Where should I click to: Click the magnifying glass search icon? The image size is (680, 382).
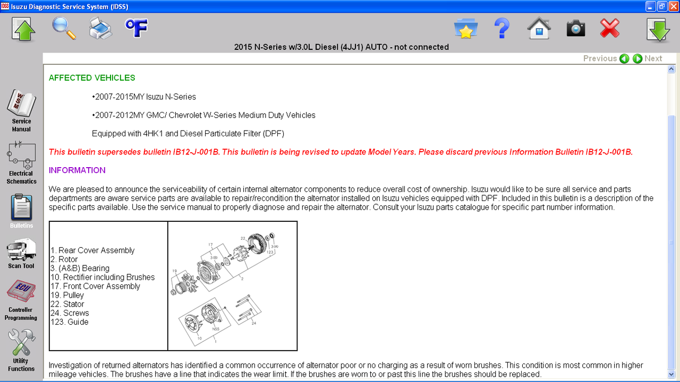pos(64,28)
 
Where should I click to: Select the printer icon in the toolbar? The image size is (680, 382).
pos(100,29)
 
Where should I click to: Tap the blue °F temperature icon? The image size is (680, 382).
pos(137,28)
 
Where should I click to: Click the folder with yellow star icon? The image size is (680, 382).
pos(466,29)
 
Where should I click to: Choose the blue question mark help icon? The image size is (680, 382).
pos(502,28)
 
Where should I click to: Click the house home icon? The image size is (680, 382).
pos(539,28)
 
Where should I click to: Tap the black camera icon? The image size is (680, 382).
pos(576,29)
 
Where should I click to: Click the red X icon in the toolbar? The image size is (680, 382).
pos(609,28)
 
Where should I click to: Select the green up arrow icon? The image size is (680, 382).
pos(23,29)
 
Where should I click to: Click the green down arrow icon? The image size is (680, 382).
pos(658,30)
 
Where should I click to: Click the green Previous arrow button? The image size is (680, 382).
pos(624,58)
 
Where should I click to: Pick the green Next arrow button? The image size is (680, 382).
pos(637,58)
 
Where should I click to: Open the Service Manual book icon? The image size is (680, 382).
pos(22,103)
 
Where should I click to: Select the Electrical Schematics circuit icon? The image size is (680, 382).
pos(21,155)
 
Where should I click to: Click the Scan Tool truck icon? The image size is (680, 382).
pos(21,249)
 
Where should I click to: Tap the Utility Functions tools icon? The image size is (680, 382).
pos(22,342)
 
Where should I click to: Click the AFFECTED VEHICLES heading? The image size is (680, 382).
pos(92,78)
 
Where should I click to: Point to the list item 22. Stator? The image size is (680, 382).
pos(67,304)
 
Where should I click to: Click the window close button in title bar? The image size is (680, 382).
pos(674,6)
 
